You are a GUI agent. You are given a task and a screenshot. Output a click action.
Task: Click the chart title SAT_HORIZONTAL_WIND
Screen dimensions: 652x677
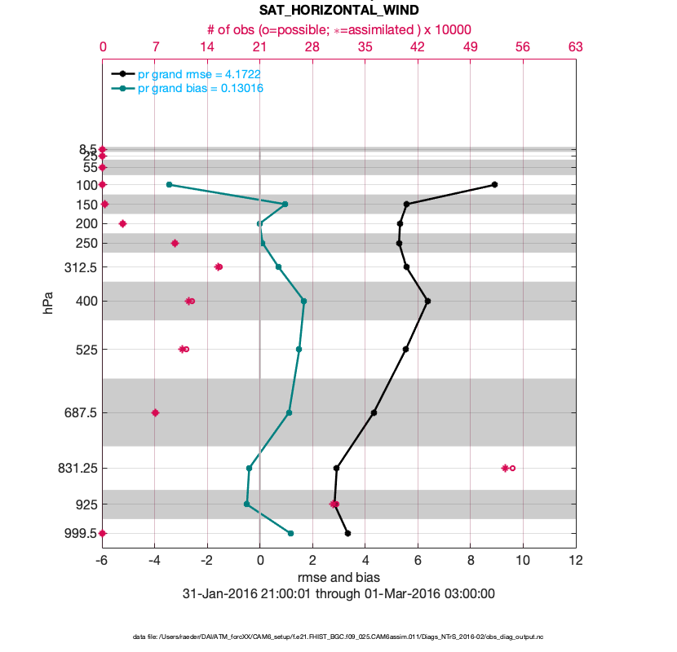tap(338, 11)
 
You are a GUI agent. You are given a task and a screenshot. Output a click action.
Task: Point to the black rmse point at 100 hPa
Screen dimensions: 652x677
tap(494, 185)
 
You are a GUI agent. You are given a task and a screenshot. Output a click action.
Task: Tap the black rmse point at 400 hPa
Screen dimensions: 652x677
tap(427, 301)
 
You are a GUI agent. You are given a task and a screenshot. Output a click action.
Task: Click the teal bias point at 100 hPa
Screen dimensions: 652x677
tap(169, 185)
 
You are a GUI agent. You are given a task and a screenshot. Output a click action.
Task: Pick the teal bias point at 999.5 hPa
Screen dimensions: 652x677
tap(290, 533)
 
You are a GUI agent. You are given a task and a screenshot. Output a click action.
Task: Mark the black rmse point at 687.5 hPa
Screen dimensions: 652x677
tap(374, 412)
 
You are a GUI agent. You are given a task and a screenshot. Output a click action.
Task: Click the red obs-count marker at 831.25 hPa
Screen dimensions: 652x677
tap(507, 468)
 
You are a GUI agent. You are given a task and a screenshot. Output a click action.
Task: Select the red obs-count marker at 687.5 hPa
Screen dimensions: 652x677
tap(155, 412)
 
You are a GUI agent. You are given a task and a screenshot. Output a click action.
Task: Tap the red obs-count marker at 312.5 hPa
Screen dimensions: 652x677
tap(218, 267)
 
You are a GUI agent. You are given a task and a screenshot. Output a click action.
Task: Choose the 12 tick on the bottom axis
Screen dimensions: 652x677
tap(575, 561)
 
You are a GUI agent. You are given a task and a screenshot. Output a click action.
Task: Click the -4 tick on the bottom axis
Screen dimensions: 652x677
tap(155, 561)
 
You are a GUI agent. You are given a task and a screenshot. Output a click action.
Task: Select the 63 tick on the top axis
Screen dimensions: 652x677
tap(575, 47)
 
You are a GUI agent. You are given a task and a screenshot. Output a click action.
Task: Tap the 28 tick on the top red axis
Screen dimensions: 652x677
tap(312, 47)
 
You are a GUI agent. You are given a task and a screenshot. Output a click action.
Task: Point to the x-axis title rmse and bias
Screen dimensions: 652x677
tap(338, 578)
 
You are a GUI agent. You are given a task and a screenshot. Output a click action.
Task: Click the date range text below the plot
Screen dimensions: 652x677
tap(338, 593)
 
